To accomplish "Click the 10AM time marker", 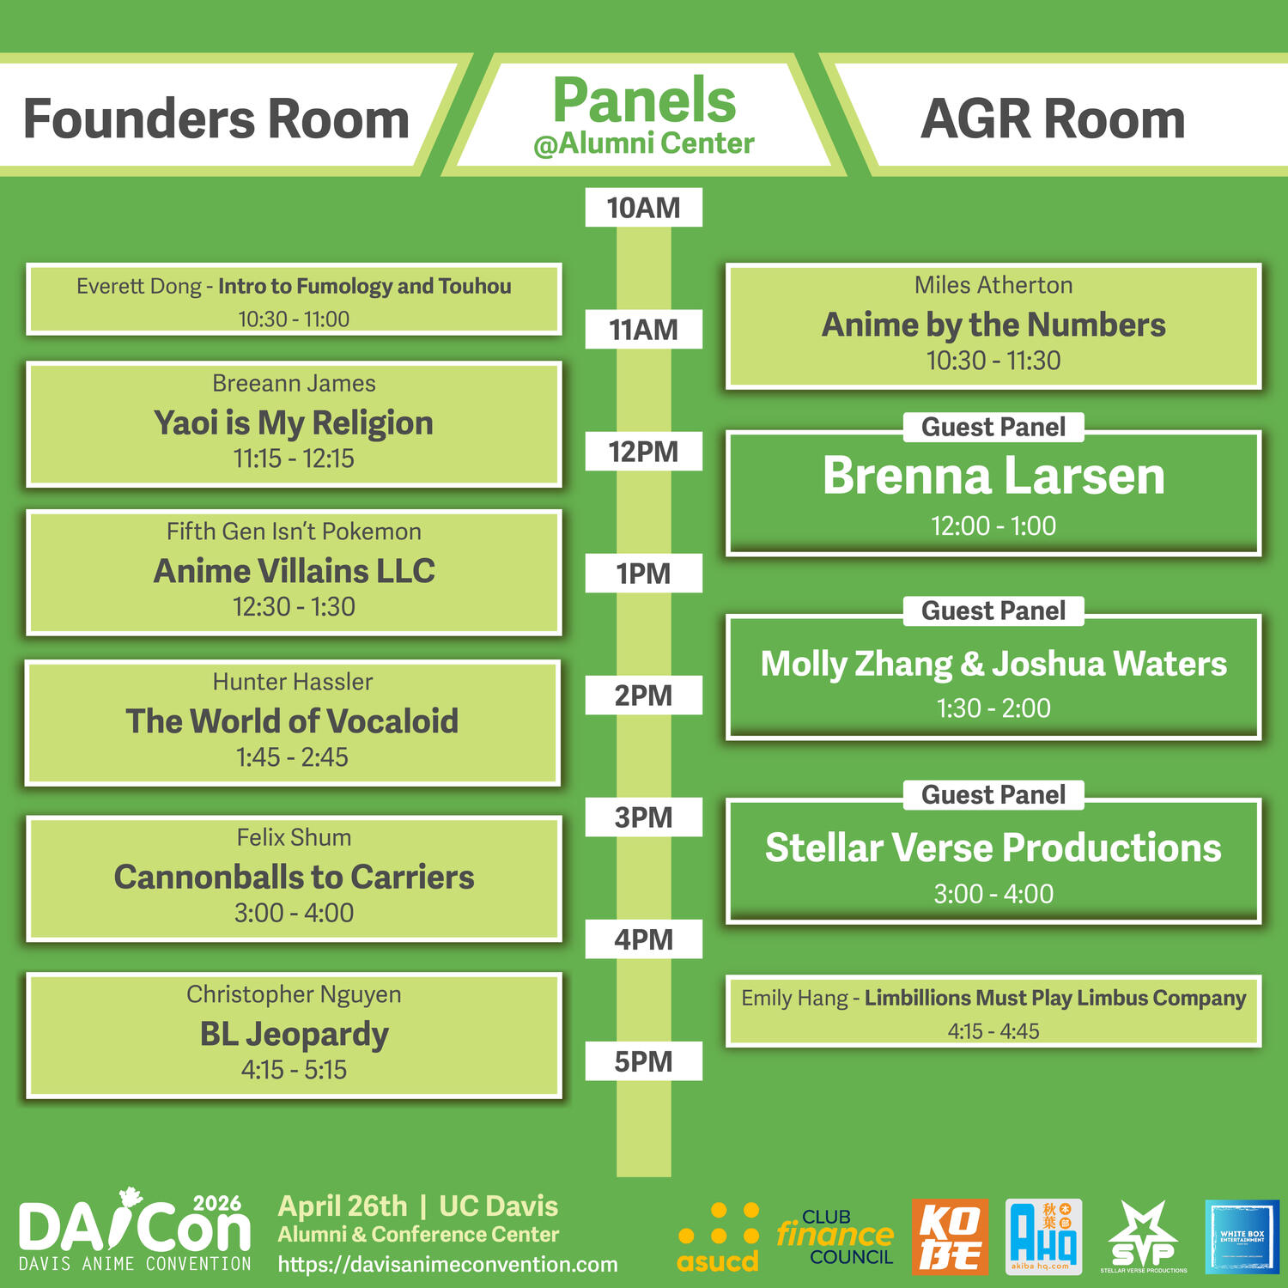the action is pyautogui.click(x=643, y=208).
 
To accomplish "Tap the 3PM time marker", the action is pyautogui.click(x=643, y=817).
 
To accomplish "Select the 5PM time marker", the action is pyautogui.click(x=643, y=1061).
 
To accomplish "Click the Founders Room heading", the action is pyautogui.click(x=216, y=118).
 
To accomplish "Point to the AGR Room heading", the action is pyautogui.click(x=1053, y=118).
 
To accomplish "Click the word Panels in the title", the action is pyautogui.click(x=644, y=100).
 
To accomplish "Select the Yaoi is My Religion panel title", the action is pyautogui.click(x=294, y=423).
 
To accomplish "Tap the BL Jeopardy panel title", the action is pyautogui.click(x=294, y=1035).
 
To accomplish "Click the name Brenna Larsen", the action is pyautogui.click(x=993, y=476).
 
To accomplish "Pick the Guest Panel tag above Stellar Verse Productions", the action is pyautogui.click(x=993, y=795).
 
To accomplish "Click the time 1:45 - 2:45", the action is pyautogui.click(x=292, y=757).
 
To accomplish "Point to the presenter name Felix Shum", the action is pyautogui.click(x=294, y=837).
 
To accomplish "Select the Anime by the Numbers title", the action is pyautogui.click(x=993, y=325).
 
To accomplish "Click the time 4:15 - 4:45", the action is pyautogui.click(x=993, y=1031).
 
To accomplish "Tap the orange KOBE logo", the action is pyautogui.click(x=950, y=1236).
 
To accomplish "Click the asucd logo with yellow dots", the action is pyautogui.click(x=718, y=1237).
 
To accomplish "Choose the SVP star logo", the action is pyautogui.click(x=1143, y=1236).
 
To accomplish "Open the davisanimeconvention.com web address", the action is pyautogui.click(x=447, y=1265).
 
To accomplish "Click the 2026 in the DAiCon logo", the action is pyautogui.click(x=217, y=1203).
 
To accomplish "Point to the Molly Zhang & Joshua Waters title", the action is pyautogui.click(x=993, y=664).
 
